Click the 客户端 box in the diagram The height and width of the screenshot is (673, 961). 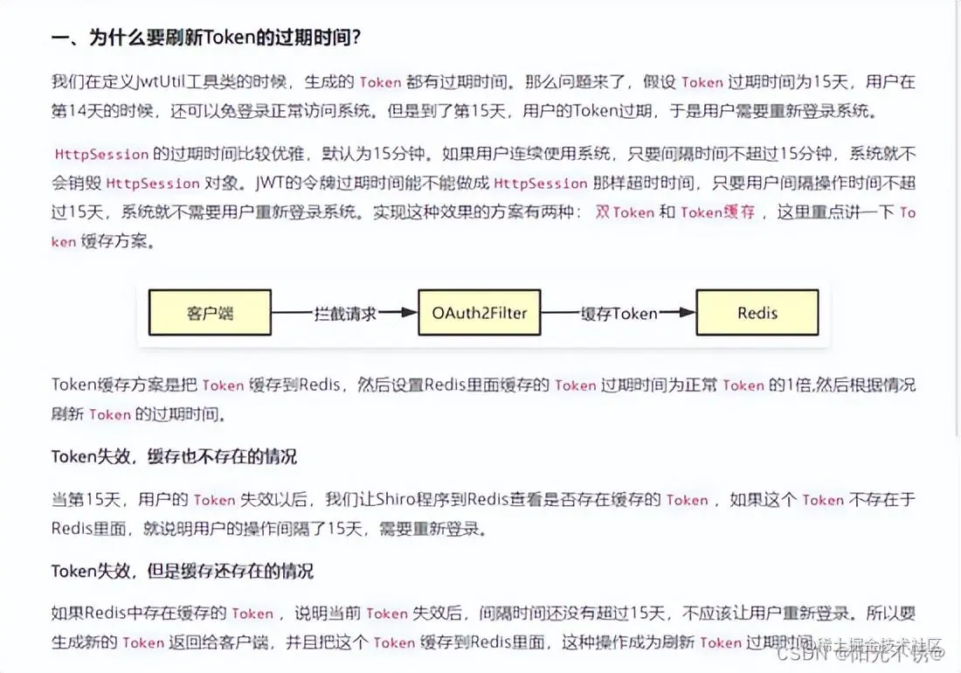tap(209, 312)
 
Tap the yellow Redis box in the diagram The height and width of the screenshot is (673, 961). tap(757, 312)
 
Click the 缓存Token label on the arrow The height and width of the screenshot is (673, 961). tap(619, 313)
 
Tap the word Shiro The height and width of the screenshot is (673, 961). tap(401, 499)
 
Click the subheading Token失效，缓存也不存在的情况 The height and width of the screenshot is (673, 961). tap(174, 456)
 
